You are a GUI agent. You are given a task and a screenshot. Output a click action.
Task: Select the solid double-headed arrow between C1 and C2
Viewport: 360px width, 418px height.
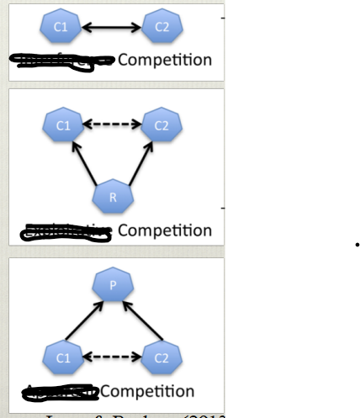(x=111, y=29)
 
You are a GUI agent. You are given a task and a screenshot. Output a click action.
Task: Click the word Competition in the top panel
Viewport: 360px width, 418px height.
(x=165, y=61)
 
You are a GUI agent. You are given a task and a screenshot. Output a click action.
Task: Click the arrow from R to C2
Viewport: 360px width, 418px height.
(x=138, y=161)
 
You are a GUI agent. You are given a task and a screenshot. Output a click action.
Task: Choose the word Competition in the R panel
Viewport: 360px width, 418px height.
(x=165, y=230)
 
